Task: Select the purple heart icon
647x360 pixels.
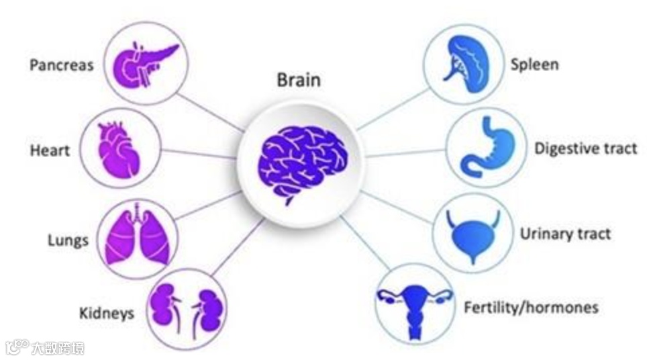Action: (x=120, y=148)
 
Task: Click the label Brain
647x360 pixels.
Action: (x=299, y=81)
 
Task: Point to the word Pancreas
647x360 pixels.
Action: (x=61, y=66)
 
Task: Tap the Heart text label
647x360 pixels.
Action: (x=50, y=150)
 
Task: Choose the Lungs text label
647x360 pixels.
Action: (x=68, y=240)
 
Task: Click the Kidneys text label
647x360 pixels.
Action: (x=107, y=313)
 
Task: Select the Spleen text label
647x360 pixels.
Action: (x=534, y=65)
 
